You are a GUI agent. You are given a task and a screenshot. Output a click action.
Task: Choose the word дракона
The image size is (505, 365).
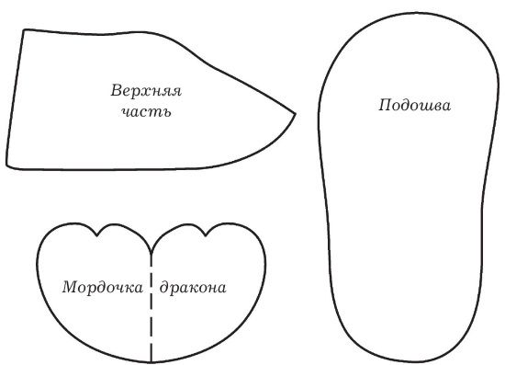click(x=193, y=287)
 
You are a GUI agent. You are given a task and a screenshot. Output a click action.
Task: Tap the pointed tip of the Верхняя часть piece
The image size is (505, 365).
click(x=296, y=115)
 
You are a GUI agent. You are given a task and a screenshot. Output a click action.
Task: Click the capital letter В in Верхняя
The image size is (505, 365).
click(x=117, y=93)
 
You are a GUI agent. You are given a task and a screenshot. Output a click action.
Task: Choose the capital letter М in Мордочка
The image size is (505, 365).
click(x=69, y=287)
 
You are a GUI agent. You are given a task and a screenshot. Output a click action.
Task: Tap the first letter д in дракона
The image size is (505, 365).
click(x=164, y=288)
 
